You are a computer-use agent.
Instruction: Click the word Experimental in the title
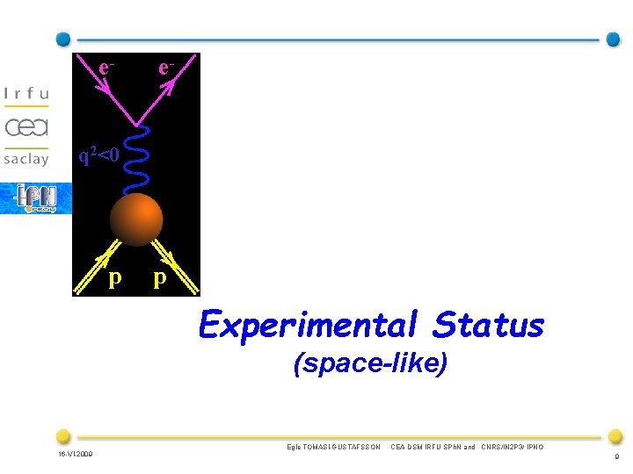(309, 326)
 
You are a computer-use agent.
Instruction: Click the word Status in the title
(488, 326)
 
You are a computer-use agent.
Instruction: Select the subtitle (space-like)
(370, 363)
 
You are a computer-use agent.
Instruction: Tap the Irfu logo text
(26, 93)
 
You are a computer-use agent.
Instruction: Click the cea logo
(26, 126)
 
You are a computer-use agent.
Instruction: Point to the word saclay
(26, 159)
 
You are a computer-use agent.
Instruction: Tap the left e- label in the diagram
(106, 68)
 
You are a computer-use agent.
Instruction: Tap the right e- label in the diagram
(165, 68)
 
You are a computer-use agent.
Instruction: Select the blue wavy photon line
(139, 161)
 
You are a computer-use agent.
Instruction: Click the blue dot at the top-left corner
(62, 39)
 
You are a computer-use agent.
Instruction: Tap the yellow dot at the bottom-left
(62, 435)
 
